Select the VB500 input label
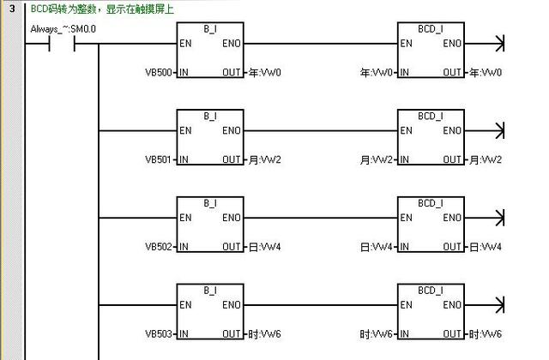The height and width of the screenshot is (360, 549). coord(160,73)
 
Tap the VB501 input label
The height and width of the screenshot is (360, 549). coord(160,160)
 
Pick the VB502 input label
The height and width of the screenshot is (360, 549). coord(160,247)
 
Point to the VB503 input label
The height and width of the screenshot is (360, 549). coord(160,333)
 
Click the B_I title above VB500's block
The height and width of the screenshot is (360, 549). coord(210,28)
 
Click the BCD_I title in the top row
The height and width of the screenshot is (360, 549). coord(431,28)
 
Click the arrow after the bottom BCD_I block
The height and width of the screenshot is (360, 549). coord(498,304)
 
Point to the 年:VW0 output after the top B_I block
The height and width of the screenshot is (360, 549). coord(264,73)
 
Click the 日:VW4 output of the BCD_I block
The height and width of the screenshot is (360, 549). coord(486,247)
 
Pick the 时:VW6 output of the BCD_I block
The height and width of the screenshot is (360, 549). coord(486,333)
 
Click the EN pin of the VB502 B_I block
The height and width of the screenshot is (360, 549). coord(185,218)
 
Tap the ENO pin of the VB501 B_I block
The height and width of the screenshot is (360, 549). coord(232,131)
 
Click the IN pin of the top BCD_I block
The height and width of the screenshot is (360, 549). coord(405,73)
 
